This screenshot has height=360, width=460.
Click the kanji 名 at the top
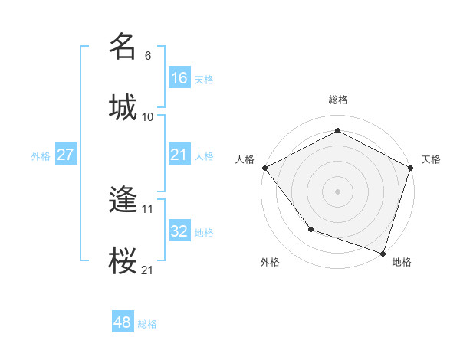click(x=123, y=47)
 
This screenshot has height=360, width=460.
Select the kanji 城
click(x=123, y=107)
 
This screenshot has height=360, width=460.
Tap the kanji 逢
click(x=123, y=200)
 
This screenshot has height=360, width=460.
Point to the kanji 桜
click(x=123, y=260)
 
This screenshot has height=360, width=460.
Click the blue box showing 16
click(x=179, y=78)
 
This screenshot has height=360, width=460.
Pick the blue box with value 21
click(x=179, y=155)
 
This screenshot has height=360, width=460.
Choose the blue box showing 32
click(x=179, y=231)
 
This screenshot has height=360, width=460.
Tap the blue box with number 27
click(x=66, y=155)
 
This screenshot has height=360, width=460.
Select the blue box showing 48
click(x=123, y=322)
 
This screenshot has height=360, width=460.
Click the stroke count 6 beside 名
click(x=148, y=56)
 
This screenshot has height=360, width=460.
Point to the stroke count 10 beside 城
click(x=148, y=117)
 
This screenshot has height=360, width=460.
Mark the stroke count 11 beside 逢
click(x=148, y=208)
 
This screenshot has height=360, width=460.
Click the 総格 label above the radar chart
click(x=337, y=100)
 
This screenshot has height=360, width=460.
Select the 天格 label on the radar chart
click(x=431, y=159)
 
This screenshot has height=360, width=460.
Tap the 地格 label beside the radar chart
click(x=402, y=263)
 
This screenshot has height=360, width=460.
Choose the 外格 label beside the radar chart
click(x=270, y=263)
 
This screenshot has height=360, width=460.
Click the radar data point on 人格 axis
click(x=264, y=168)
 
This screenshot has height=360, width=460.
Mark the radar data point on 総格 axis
click(x=337, y=131)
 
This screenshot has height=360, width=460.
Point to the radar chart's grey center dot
click(x=337, y=191)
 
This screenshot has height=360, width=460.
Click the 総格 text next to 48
click(x=147, y=324)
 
